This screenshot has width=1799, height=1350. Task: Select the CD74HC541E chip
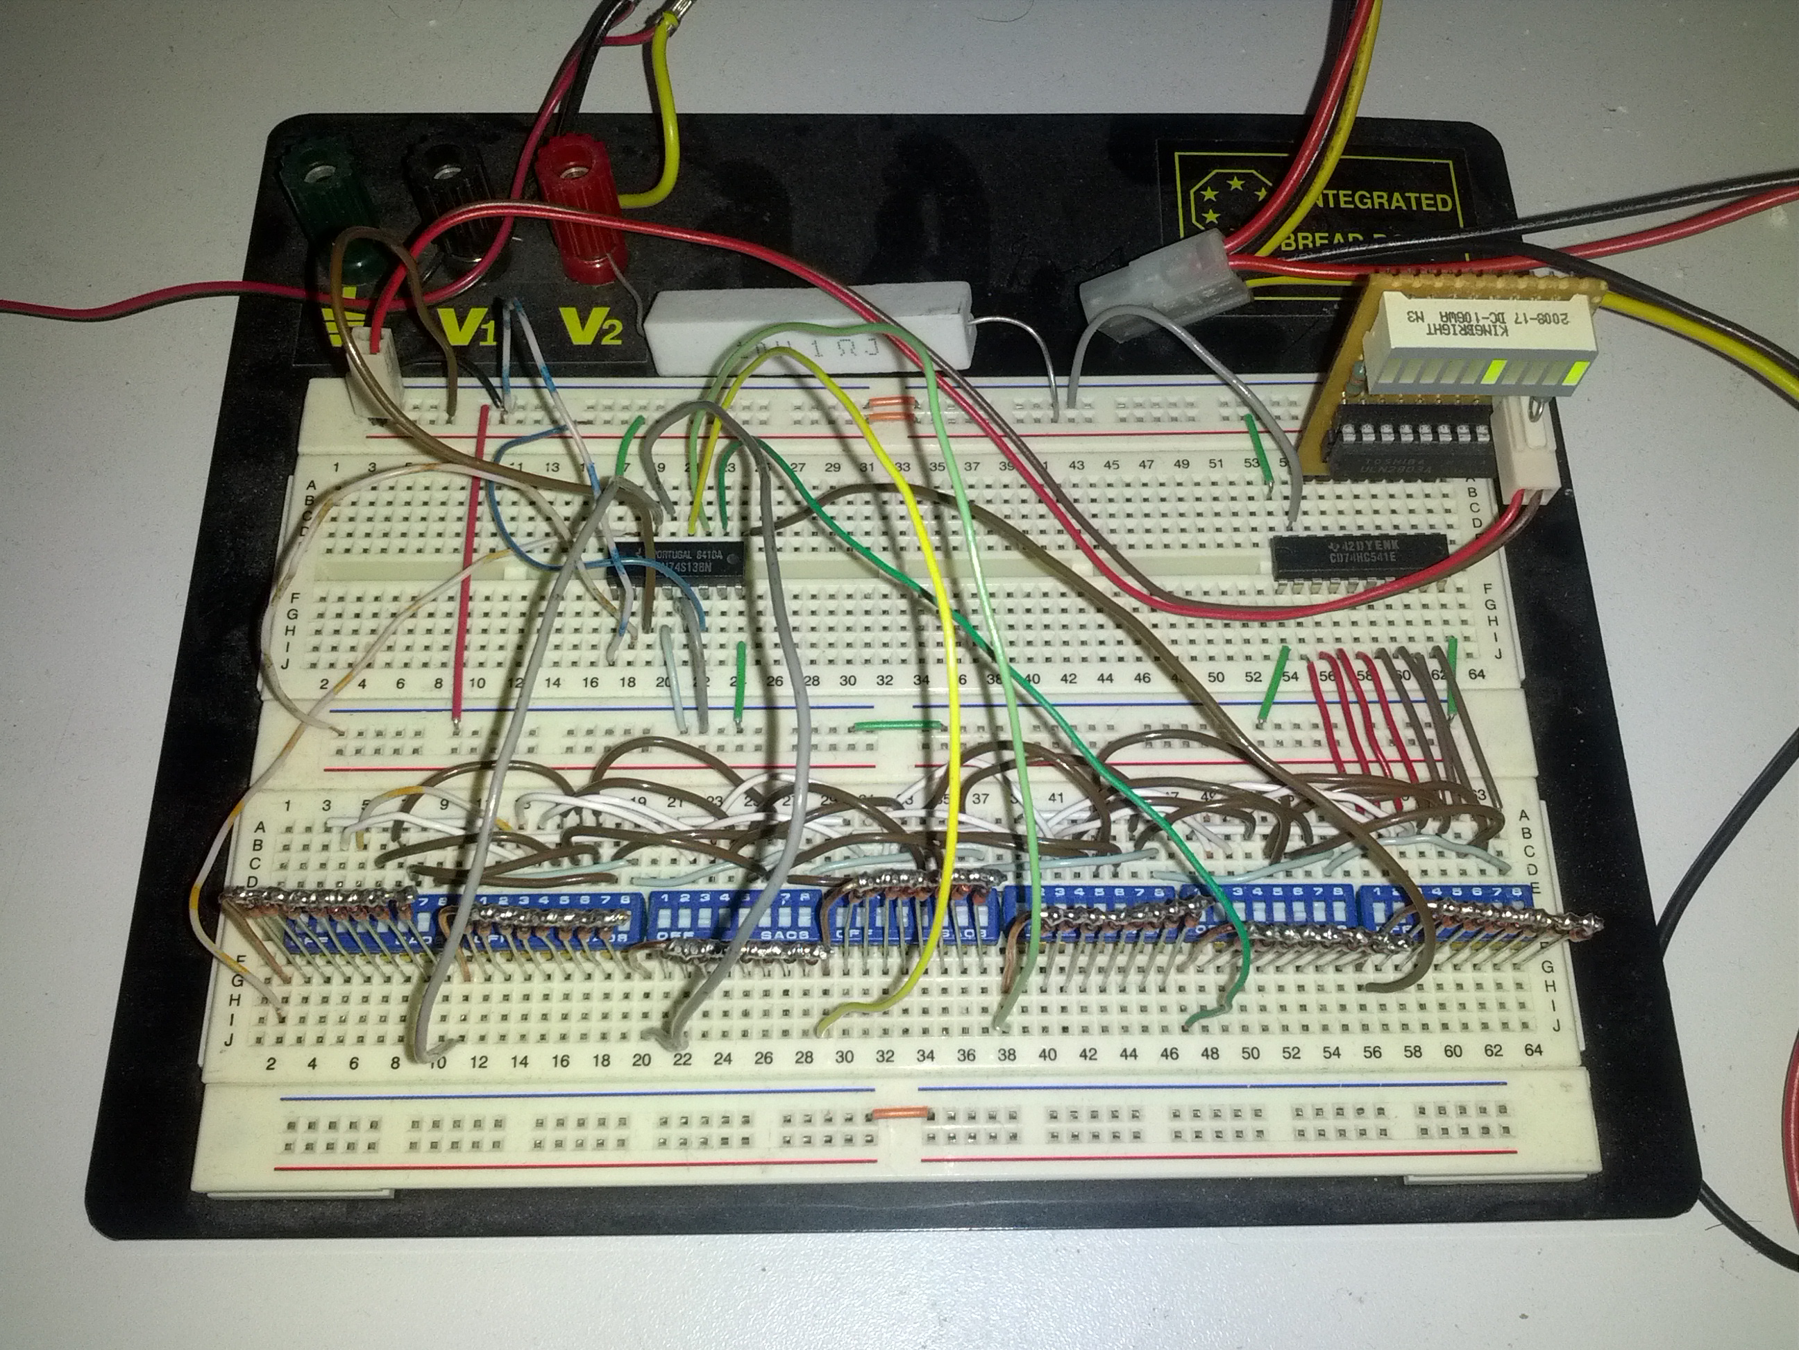click(x=1360, y=556)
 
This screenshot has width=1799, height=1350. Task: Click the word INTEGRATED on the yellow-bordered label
click(x=1383, y=200)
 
